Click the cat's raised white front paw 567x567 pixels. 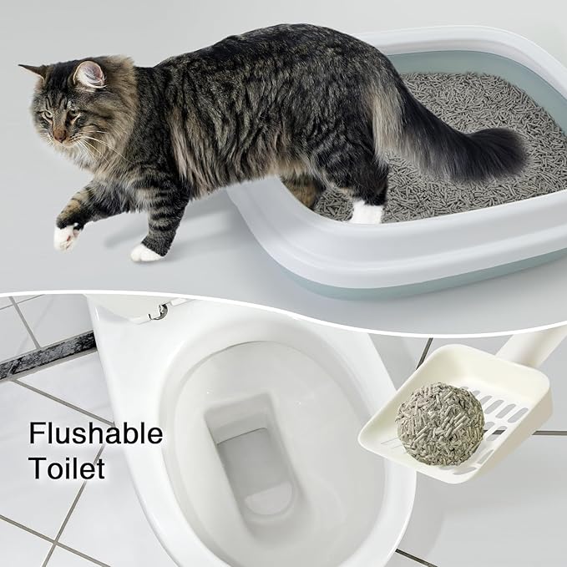(x=65, y=236)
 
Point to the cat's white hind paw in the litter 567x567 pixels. (x=366, y=212)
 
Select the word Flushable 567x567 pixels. (x=95, y=435)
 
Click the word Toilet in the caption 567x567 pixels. (x=67, y=468)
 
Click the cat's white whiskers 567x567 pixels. (x=92, y=146)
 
